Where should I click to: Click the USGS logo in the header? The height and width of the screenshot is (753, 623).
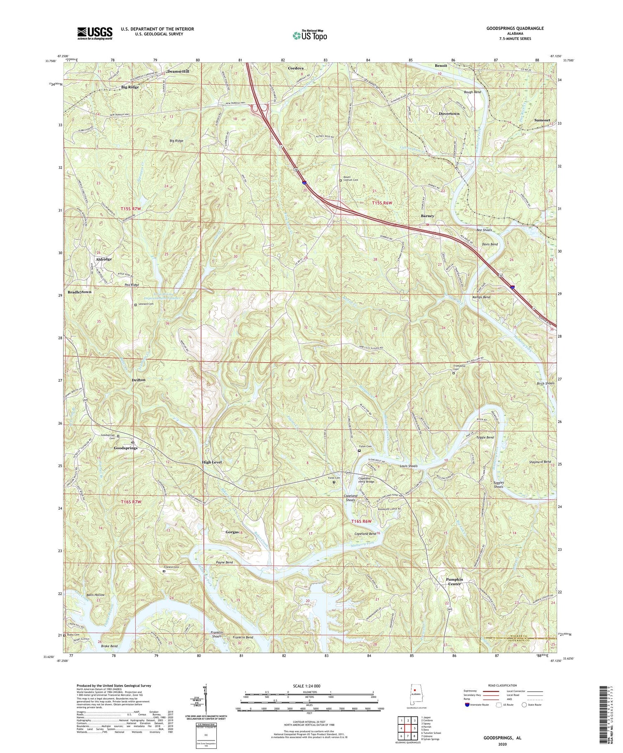coord(94,33)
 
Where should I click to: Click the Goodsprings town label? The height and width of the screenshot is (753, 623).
coord(125,448)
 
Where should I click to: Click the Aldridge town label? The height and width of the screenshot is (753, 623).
coord(103,259)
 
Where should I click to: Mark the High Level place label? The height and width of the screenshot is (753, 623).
coord(212,462)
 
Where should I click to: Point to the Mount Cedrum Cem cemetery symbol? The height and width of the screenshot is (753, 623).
coord(341,181)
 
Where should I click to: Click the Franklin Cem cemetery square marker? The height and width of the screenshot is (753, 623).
coord(164,571)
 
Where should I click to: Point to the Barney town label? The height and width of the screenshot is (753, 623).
coord(427,216)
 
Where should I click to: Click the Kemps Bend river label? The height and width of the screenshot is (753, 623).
coord(481,297)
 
